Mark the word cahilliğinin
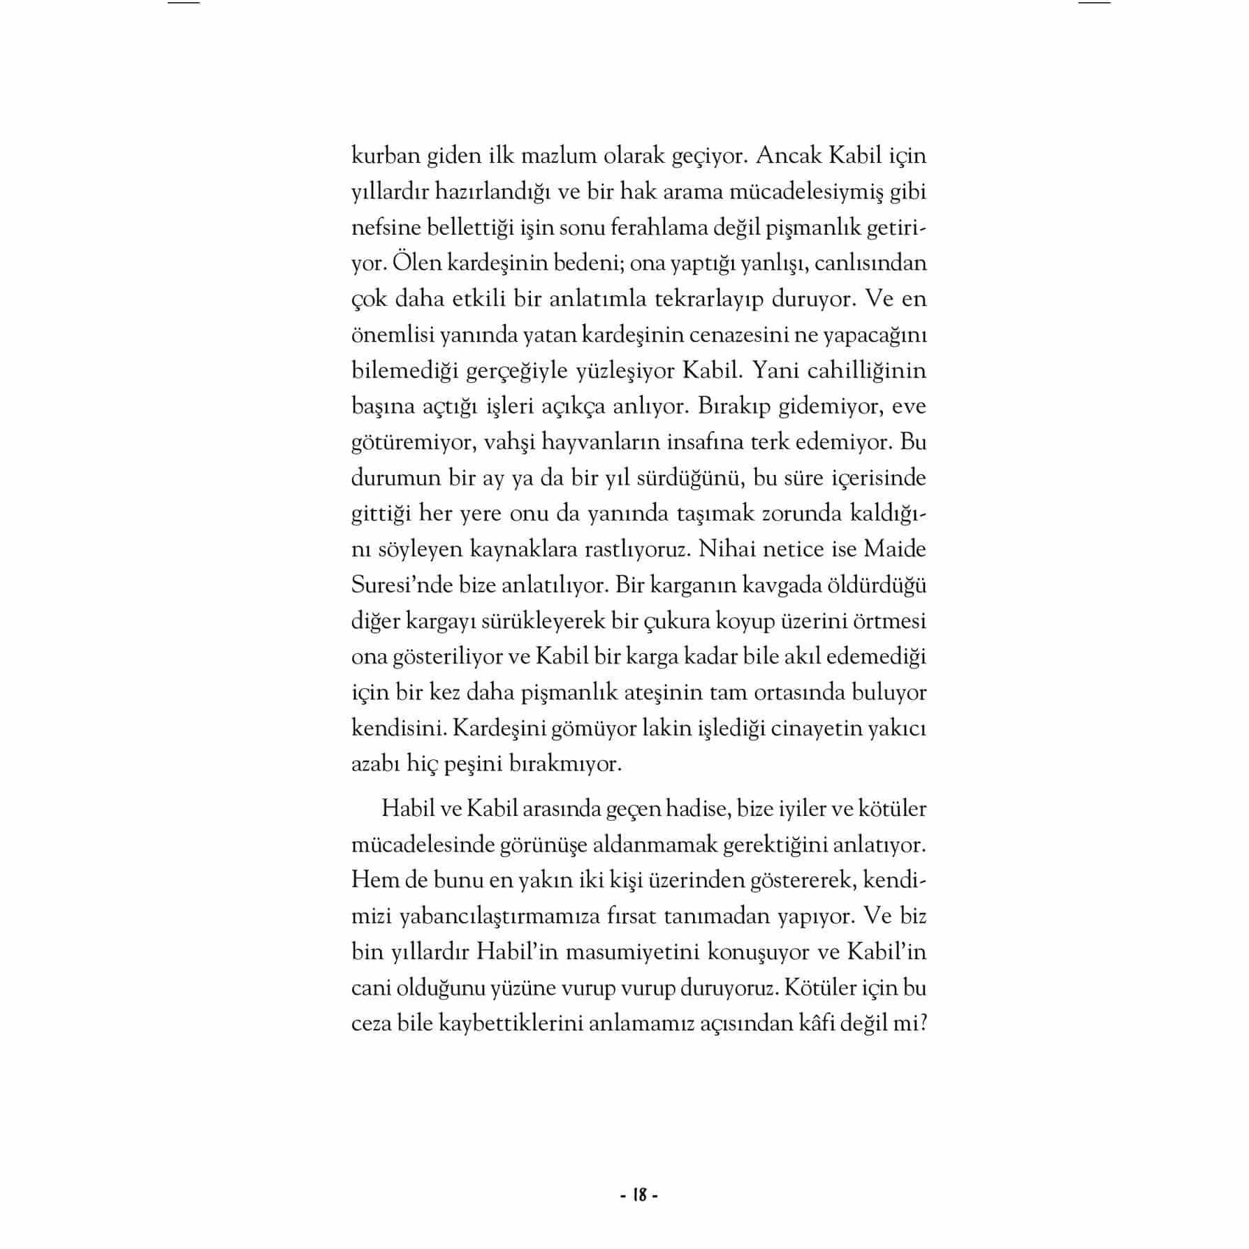pos(866,371)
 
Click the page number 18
pos(639,1195)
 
